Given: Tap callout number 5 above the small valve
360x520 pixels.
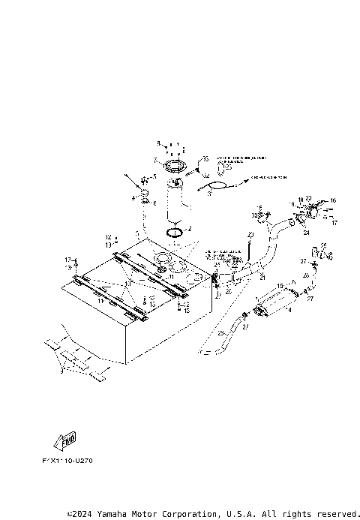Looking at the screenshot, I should [155, 176].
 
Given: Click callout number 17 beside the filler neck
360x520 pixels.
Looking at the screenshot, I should [334, 223].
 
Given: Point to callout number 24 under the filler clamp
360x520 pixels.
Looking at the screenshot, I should [306, 233].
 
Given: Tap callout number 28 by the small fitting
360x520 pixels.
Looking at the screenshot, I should [323, 245].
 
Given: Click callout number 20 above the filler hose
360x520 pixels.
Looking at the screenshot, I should [250, 236].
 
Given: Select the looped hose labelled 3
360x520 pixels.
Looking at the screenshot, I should [217, 187].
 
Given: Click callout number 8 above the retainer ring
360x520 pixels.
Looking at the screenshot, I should [159, 143].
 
